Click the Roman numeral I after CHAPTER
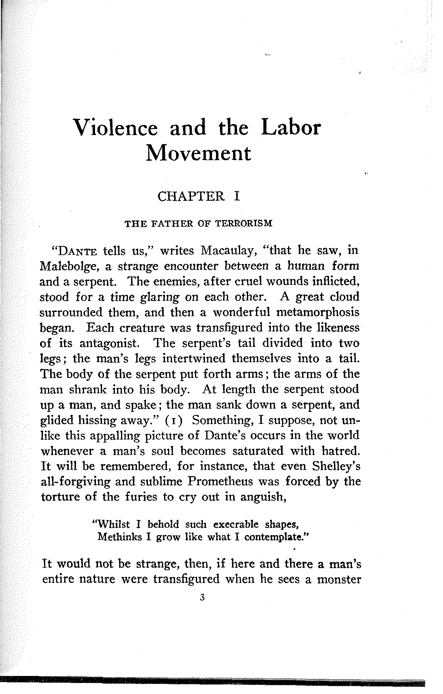[x=236, y=196]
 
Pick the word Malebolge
[x=68, y=266]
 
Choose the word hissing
[x=98, y=420]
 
